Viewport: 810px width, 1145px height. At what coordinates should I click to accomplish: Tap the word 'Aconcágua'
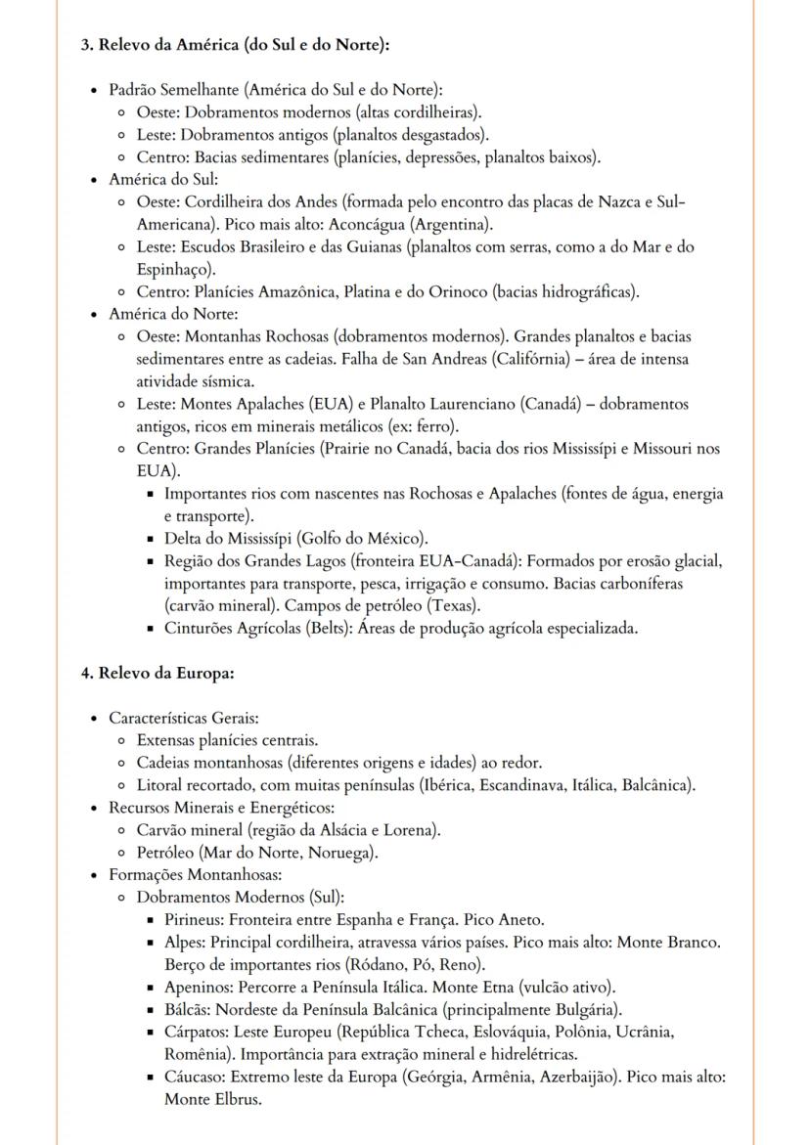(x=277, y=224)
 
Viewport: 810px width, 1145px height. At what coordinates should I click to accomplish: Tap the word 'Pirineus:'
(x=195, y=920)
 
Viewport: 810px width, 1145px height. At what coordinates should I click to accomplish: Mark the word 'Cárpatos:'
(x=197, y=1033)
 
